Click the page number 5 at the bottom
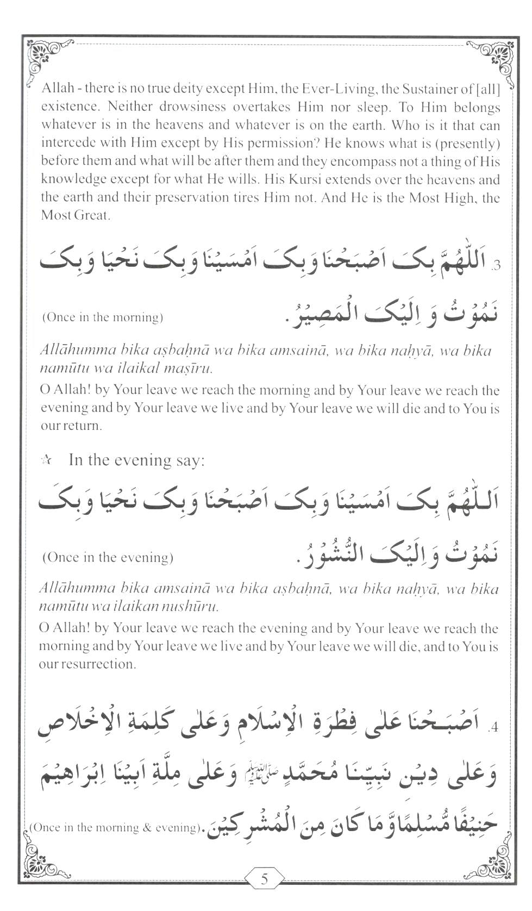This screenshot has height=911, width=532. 265,879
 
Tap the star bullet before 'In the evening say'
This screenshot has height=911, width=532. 46,461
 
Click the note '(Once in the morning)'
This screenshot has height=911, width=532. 103,317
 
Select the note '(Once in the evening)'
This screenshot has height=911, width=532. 108,557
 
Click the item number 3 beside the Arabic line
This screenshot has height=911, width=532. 496,266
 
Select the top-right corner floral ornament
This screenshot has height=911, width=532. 492,56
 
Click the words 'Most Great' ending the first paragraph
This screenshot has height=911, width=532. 76,215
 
